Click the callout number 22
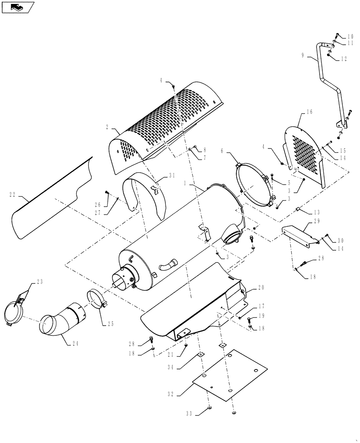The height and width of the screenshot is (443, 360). (x=13, y=193)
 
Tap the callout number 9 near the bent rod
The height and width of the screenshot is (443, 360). (x=303, y=55)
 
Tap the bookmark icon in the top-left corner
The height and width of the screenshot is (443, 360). (x=17, y=7)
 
